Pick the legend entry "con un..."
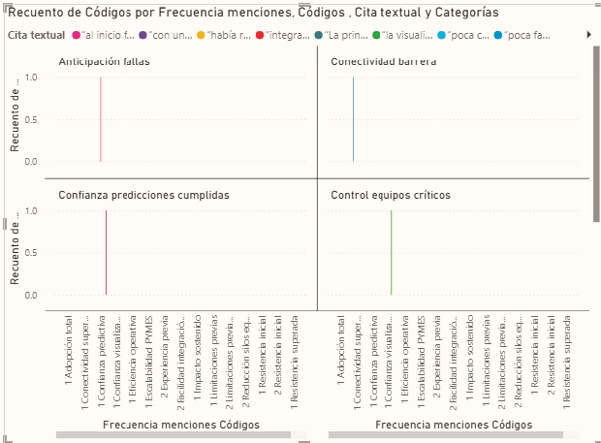[170, 35]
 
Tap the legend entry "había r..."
[229, 35]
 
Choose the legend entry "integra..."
[287, 35]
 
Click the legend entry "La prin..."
[346, 35]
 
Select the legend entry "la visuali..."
[407, 35]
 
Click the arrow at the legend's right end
[588, 35]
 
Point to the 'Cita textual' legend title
[36, 35]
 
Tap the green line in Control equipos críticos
[391, 252]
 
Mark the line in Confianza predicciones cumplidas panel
[106, 252]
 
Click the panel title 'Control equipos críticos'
[391, 195]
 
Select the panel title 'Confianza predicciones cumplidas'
[143, 195]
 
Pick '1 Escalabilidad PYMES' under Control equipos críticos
[422, 355]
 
